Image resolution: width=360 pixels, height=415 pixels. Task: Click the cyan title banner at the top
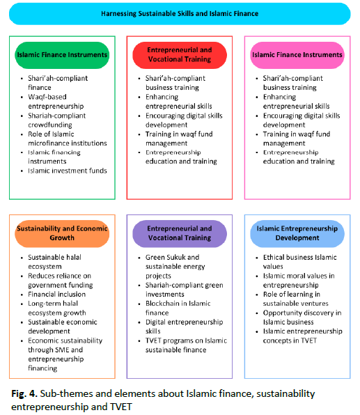180,13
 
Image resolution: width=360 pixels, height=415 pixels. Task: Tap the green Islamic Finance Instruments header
62,55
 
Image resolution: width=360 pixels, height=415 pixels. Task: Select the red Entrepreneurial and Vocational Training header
180,55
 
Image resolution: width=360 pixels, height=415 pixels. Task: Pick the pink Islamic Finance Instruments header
297,55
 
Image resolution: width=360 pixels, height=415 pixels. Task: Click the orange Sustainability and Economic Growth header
62,233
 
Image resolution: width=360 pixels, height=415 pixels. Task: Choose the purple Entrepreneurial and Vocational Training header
180,233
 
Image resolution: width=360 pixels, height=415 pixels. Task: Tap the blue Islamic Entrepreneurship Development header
297,233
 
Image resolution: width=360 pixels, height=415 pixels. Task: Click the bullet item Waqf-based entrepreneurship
56,102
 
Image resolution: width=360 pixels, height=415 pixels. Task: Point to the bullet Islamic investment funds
68,171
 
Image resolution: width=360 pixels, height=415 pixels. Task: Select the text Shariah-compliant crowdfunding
57,120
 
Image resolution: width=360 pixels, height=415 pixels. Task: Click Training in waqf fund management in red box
179,139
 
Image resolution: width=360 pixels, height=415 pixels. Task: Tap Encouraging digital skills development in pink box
302,120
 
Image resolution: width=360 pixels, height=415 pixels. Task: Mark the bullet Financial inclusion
57,294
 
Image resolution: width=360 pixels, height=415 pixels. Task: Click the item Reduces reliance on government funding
61,281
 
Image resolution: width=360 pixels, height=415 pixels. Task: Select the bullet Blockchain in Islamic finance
178,308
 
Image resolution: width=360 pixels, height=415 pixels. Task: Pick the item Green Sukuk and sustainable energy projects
175,266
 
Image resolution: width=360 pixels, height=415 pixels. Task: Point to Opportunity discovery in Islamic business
302,318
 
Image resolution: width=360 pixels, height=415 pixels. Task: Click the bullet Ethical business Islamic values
299,262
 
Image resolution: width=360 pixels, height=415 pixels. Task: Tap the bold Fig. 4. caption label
24,393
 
